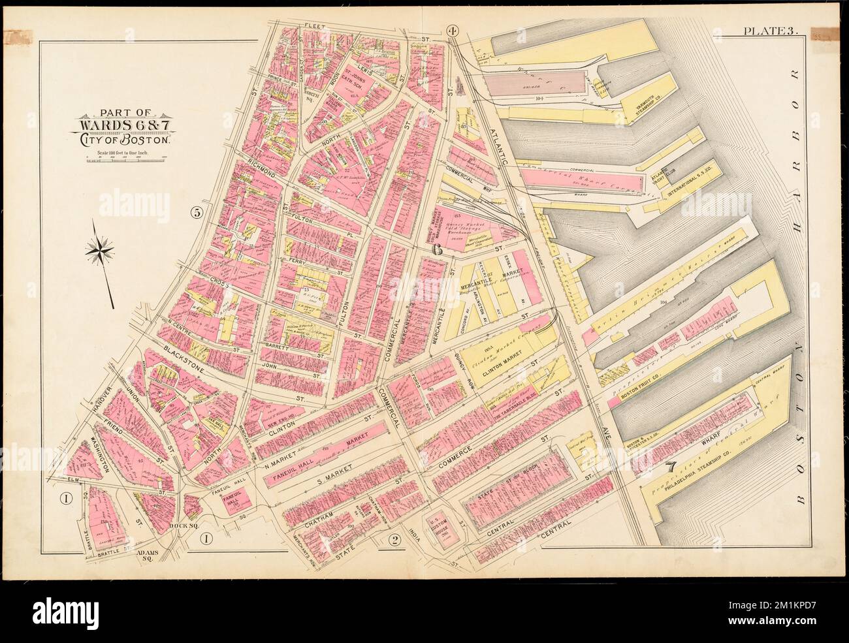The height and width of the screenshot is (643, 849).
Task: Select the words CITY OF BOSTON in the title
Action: (x=125, y=139)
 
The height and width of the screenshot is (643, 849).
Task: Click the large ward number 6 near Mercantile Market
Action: (x=438, y=250)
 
